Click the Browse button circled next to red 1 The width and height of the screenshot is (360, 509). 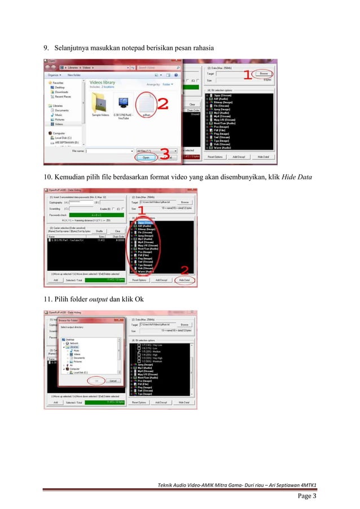(x=263, y=73)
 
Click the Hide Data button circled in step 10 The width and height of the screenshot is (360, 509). (x=184, y=280)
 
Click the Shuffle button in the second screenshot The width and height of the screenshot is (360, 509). (x=99, y=231)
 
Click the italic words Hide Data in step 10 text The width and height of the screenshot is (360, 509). (x=297, y=178)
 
